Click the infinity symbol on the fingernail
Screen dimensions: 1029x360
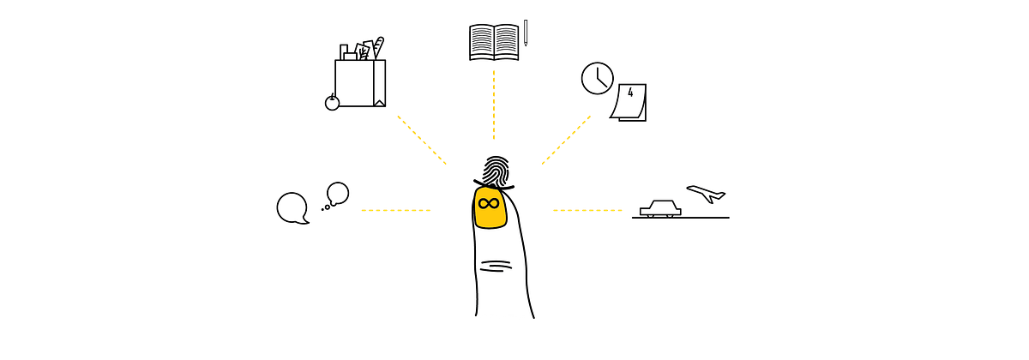coord(488,203)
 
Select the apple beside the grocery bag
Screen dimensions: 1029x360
coord(332,102)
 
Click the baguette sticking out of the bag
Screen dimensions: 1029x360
coord(378,48)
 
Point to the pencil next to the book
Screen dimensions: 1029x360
coord(526,33)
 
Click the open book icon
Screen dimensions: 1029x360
coord(494,43)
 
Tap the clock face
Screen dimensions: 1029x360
coord(597,79)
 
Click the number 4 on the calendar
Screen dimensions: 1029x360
coord(630,93)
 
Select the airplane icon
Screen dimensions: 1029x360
coord(706,194)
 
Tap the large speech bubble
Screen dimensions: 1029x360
coord(292,208)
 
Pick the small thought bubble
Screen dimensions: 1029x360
coord(338,194)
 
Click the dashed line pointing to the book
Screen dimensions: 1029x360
coord(494,105)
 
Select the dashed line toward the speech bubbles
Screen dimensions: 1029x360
coord(396,210)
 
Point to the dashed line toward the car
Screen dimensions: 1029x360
coord(587,210)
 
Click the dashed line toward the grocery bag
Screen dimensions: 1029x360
coord(422,140)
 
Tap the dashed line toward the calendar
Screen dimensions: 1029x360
coord(566,140)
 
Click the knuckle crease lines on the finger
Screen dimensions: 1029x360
coord(496,266)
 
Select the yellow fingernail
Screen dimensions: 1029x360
coord(490,207)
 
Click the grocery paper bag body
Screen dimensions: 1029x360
coord(360,83)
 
